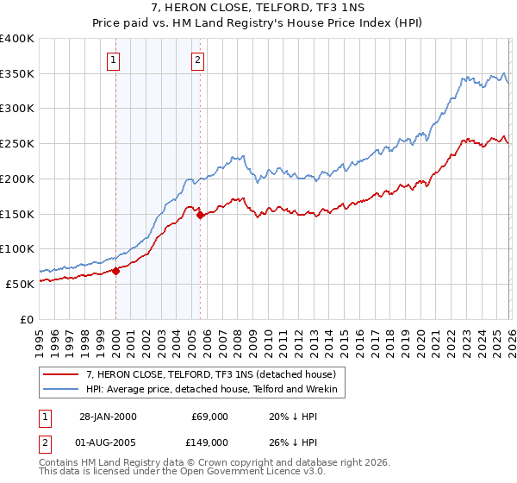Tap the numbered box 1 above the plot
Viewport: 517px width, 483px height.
coord(115,60)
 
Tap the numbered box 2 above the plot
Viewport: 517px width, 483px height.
coord(198,60)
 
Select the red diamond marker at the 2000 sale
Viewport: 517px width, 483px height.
coord(115,270)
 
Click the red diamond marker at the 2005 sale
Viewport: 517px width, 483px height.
coord(200,216)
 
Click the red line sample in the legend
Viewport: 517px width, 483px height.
coord(60,374)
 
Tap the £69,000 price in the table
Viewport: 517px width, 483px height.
coord(209,417)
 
